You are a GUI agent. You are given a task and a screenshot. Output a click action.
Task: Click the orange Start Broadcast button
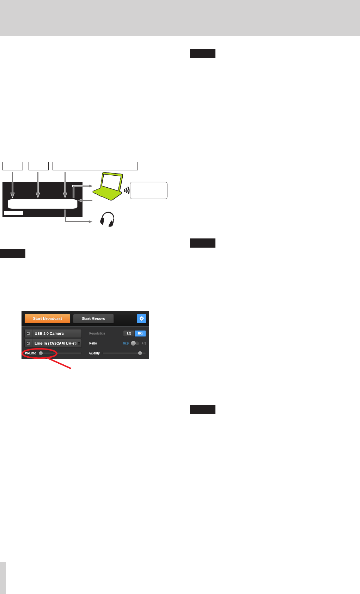click(47, 319)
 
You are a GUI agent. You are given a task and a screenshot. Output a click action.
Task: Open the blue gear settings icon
click(141, 319)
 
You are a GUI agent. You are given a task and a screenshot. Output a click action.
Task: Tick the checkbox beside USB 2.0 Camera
click(29, 333)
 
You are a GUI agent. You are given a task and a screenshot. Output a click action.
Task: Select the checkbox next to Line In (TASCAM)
click(29, 343)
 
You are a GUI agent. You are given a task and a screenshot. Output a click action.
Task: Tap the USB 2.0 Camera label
click(49, 333)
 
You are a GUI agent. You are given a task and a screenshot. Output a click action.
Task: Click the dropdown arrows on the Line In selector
click(79, 343)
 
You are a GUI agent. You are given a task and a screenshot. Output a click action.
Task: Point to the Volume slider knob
click(41, 353)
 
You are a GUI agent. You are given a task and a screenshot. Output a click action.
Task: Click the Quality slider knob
click(140, 353)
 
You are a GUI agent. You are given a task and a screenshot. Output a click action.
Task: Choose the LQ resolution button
click(129, 333)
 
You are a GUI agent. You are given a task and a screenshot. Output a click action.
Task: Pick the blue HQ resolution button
click(140, 333)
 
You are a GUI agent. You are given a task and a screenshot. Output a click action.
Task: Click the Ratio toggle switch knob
click(133, 343)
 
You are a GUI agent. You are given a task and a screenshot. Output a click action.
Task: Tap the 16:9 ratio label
click(126, 343)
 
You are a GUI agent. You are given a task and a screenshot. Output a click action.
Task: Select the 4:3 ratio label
click(144, 343)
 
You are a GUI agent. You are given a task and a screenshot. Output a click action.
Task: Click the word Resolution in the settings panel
click(97, 333)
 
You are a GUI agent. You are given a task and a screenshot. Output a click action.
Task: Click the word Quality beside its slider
click(94, 353)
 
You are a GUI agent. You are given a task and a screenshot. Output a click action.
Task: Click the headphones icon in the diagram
click(107, 219)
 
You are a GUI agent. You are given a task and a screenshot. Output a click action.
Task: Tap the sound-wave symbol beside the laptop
click(126, 191)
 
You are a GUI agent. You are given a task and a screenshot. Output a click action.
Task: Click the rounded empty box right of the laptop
click(148, 190)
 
